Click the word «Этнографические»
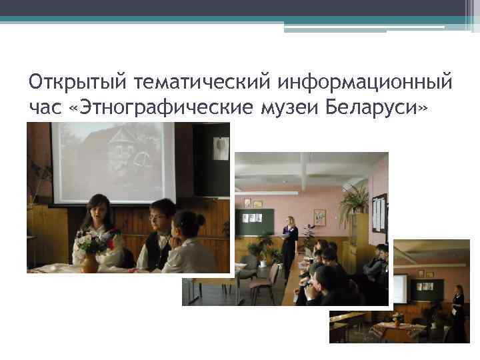[x=163, y=108]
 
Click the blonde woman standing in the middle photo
[x=290, y=247]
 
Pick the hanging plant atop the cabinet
[x=353, y=200]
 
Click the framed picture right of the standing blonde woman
[x=319, y=217]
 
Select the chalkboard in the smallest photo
[x=430, y=289]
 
